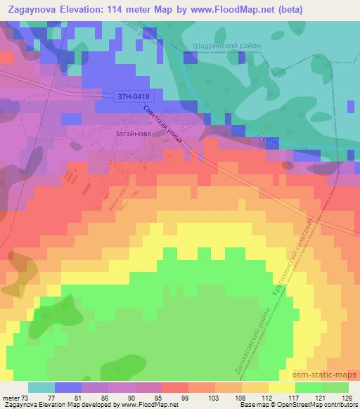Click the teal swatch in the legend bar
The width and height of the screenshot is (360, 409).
pyautogui.click(x=41, y=387)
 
